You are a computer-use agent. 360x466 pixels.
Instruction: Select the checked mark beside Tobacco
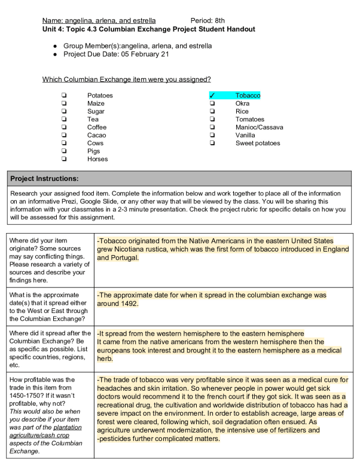(212, 96)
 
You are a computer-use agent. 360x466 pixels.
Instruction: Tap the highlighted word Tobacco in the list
(248, 96)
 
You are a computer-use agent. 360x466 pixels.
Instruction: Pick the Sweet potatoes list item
(257, 143)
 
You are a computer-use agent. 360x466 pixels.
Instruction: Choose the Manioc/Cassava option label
(259, 127)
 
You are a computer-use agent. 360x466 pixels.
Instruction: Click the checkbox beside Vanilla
(212, 136)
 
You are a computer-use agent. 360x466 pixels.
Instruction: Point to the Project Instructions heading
(45, 179)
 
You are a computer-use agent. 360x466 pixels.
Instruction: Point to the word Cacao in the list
(97, 136)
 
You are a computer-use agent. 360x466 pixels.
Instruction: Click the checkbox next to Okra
(212, 103)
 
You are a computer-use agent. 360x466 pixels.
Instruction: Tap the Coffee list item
(97, 127)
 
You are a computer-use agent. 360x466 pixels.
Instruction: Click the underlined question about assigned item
(126, 79)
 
